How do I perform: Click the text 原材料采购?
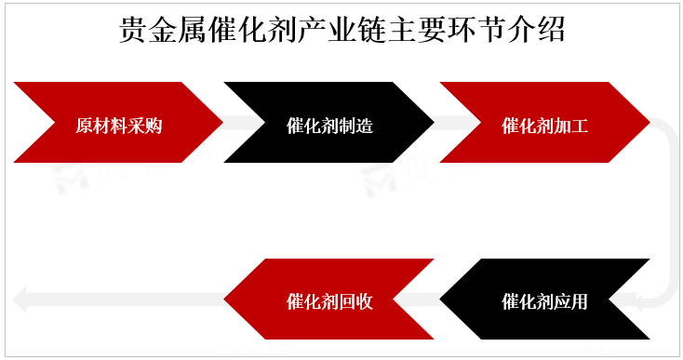119,125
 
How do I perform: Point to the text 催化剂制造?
330,125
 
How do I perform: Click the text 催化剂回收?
330,300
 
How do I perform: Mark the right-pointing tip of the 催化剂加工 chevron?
647,123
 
